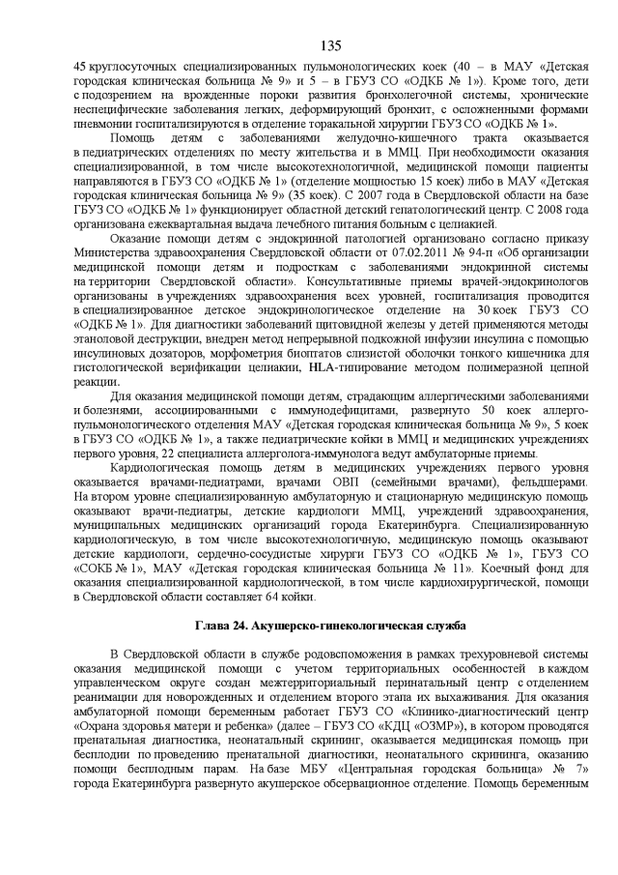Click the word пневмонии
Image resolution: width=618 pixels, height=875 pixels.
coord(104,124)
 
